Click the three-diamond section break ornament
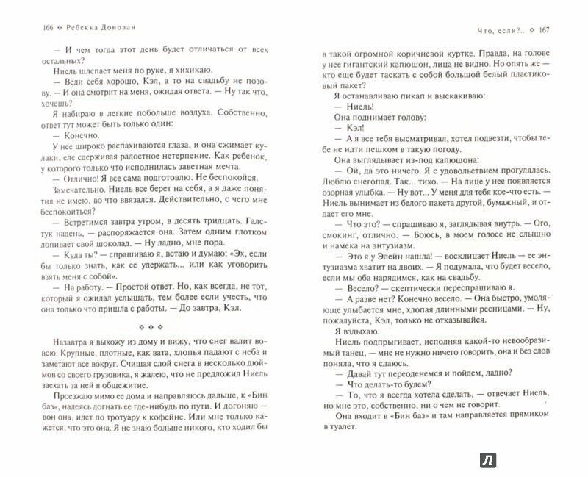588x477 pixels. coord(159,328)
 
